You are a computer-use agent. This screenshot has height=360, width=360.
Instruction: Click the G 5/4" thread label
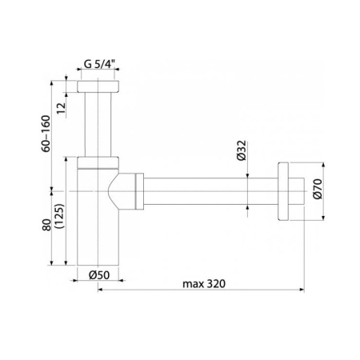(x=99, y=64)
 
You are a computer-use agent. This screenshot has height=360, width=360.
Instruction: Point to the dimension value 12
(x=61, y=108)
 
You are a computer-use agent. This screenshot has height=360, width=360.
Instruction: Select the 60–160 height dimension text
(x=46, y=134)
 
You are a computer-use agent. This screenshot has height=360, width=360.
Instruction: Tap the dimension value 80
(x=46, y=225)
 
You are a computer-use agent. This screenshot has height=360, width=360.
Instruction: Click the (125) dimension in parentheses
(x=59, y=216)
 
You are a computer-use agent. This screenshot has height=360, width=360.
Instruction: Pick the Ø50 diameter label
(x=99, y=275)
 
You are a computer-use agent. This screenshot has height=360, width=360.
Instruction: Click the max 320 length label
(x=204, y=284)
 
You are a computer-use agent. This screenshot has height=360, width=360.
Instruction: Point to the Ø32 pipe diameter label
(x=242, y=150)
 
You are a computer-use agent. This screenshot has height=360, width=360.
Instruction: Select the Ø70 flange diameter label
(x=318, y=189)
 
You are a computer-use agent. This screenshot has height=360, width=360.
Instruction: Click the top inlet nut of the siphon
(x=98, y=86)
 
